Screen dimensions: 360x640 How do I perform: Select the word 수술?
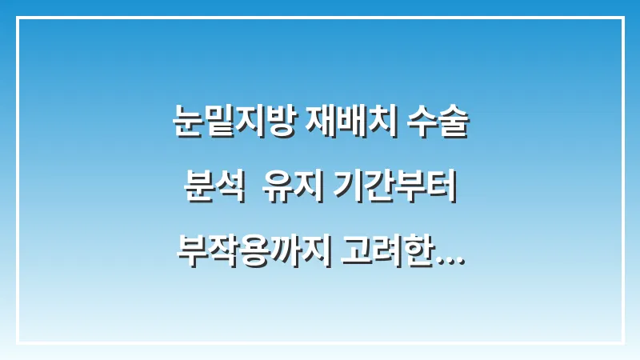pos(437,126)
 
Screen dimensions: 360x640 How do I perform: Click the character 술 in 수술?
pos(453,126)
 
